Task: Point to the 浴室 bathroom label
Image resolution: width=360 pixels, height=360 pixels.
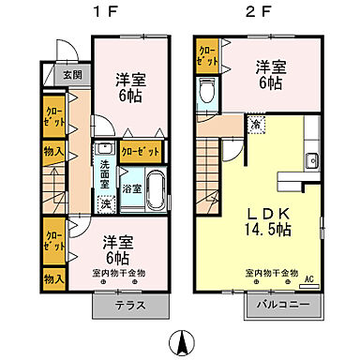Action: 136,188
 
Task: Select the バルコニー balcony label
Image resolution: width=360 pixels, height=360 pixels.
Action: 278,304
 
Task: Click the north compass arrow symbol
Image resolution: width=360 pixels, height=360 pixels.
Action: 181,340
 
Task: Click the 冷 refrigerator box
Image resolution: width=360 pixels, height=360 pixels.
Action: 254,122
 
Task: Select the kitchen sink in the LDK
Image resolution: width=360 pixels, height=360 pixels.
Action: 310,157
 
